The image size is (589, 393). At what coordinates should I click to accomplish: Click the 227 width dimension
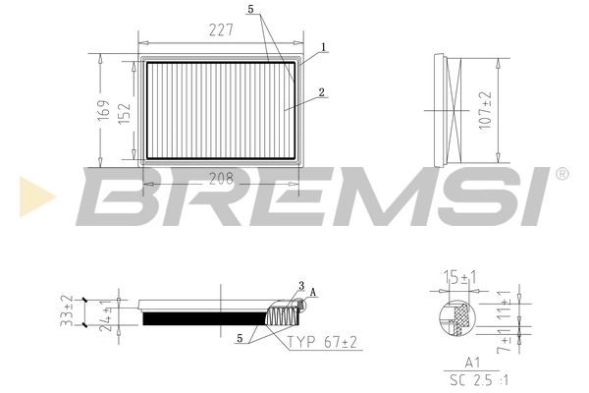(x=220, y=30)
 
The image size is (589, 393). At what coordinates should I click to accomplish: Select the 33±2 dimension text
(x=67, y=309)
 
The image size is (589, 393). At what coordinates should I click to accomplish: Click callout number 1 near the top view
(x=323, y=46)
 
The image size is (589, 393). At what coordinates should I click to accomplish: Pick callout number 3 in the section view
(x=301, y=286)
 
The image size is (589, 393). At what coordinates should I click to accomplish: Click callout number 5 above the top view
(x=251, y=10)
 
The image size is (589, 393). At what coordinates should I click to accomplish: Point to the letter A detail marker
(x=313, y=293)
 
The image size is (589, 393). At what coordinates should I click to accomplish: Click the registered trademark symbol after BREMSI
(x=561, y=174)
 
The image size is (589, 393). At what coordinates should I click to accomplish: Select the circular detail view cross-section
(x=453, y=320)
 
